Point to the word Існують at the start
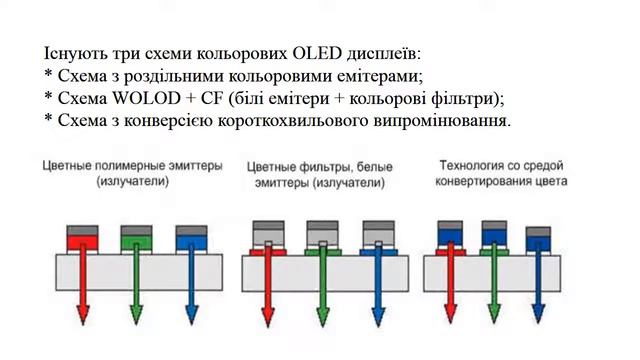click(75, 52)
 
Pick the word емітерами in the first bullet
click(372, 75)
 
